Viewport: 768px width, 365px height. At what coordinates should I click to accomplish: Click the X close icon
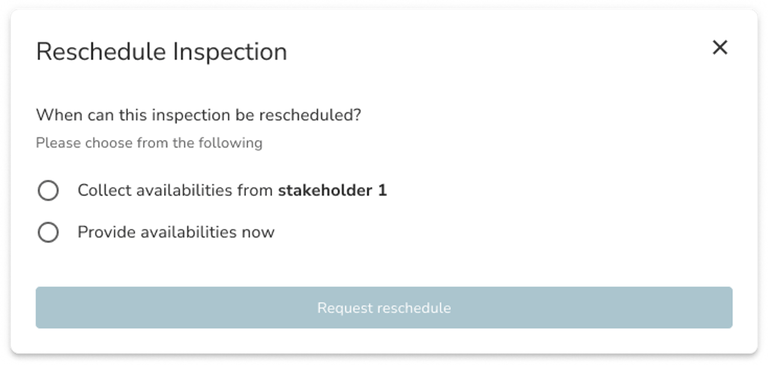point(720,47)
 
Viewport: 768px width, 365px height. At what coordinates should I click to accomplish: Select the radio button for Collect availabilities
point(48,191)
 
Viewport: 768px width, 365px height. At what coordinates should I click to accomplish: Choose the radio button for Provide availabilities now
point(48,232)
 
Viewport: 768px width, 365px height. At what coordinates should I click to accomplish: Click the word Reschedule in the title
point(101,52)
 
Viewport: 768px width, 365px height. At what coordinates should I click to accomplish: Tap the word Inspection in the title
point(230,52)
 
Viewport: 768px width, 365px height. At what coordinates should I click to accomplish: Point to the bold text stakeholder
point(325,190)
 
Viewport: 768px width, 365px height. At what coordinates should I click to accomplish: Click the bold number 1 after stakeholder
point(382,190)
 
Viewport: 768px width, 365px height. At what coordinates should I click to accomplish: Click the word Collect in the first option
point(104,190)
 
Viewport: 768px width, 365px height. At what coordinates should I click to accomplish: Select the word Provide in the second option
point(106,232)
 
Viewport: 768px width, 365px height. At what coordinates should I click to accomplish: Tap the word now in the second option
point(258,232)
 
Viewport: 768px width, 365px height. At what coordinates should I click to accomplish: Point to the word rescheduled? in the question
point(310,115)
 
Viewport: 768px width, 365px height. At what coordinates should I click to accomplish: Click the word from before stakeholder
point(255,190)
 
